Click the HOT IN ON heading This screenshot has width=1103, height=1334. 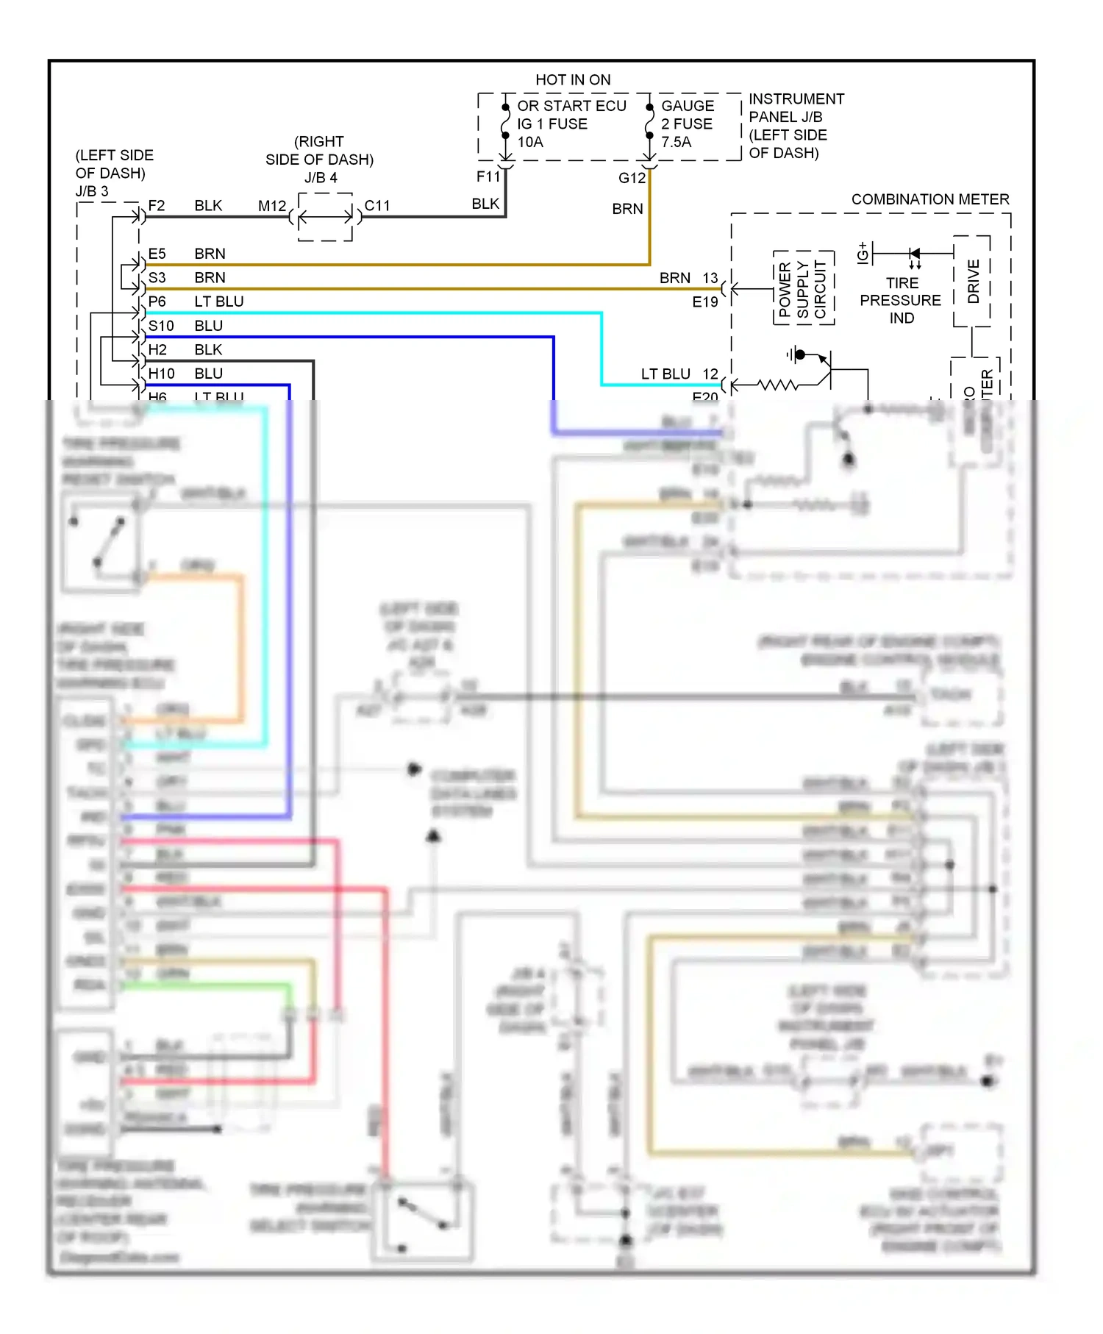coord(572,79)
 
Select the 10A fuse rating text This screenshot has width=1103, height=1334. coord(529,142)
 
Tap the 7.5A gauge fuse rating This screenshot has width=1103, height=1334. coord(676,142)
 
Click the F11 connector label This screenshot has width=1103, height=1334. coord(487,176)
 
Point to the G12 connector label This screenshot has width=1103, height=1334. coord(631,178)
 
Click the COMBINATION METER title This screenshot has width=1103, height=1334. coord(929,199)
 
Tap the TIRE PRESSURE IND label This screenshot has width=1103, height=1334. coord(901,300)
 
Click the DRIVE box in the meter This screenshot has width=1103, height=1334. coord(972,282)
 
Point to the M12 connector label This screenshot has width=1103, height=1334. coord(271,206)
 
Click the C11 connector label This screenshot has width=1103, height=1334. coord(376,206)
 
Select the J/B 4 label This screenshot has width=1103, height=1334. coord(321,178)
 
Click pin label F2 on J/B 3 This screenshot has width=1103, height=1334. coord(156,206)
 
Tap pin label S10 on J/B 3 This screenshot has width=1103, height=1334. coord(160,326)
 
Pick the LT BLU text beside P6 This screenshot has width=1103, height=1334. coord(218,302)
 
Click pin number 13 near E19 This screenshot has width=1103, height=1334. coord(710,278)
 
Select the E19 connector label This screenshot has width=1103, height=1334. coord(704,302)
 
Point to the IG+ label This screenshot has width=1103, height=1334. coord(863,252)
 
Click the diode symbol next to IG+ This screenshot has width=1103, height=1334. coord(914,254)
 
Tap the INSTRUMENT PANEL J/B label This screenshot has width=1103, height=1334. coord(796,108)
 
